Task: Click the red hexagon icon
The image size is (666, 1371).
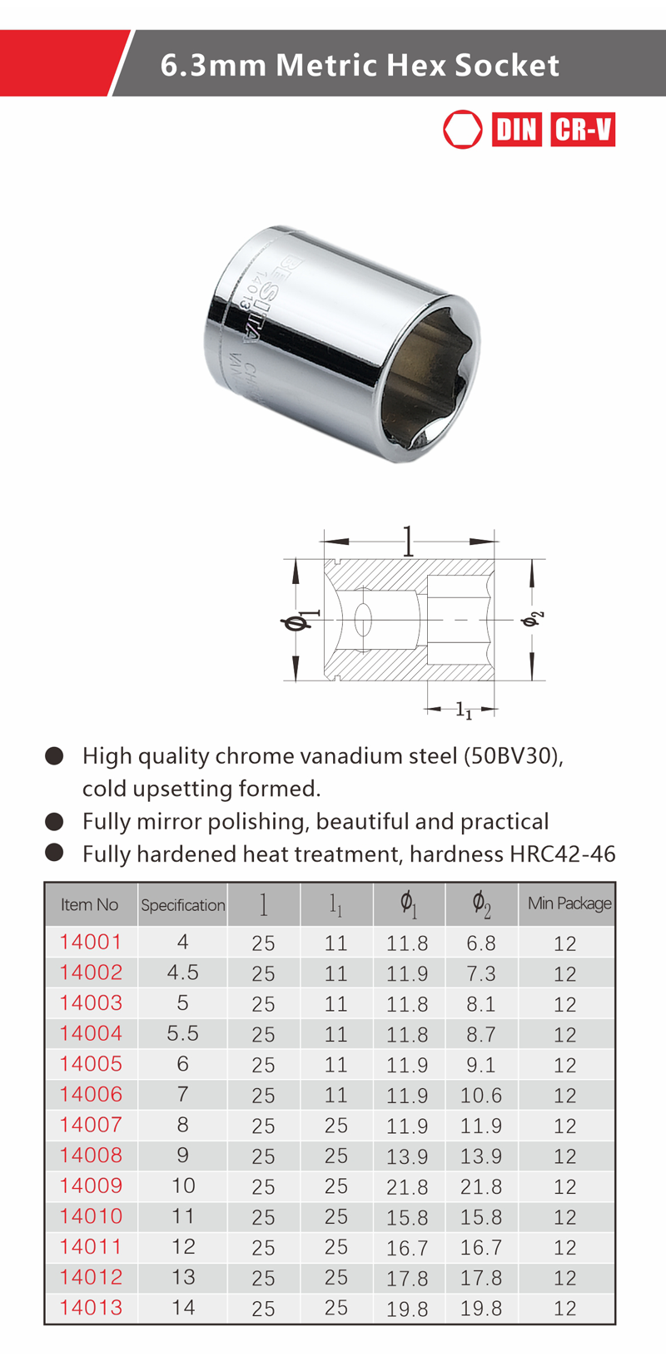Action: pyautogui.click(x=463, y=129)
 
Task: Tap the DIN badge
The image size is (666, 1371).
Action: pyautogui.click(x=516, y=129)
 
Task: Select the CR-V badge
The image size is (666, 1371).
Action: pyautogui.click(x=583, y=129)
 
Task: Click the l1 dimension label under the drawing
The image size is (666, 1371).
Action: pyautogui.click(x=464, y=710)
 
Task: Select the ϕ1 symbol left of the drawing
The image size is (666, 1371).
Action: pyautogui.click(x=300, y=620)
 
